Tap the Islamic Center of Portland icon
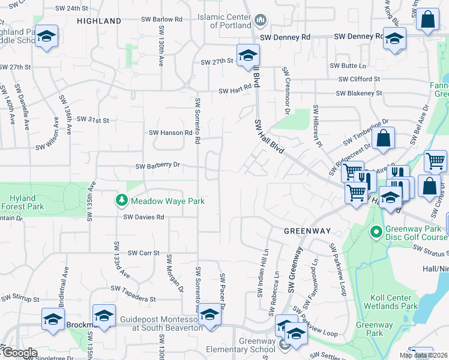[x=260, y=22]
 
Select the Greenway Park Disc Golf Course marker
[x=376, y=231]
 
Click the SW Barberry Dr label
[x=158, y=166]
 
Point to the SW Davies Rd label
[x=143, y=217]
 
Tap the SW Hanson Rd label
[x=170, y=133]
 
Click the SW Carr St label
[x=143, y=253]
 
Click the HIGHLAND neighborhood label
[x=99, y=21]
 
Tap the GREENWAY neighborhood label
[x=307, y=230]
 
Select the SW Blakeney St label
[x=359, y=94]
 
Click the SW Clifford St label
[x=359, y=79]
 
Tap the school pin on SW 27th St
[x=247, y=55]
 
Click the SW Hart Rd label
[x=234, y=91]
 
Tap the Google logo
[x=20, y=353]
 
